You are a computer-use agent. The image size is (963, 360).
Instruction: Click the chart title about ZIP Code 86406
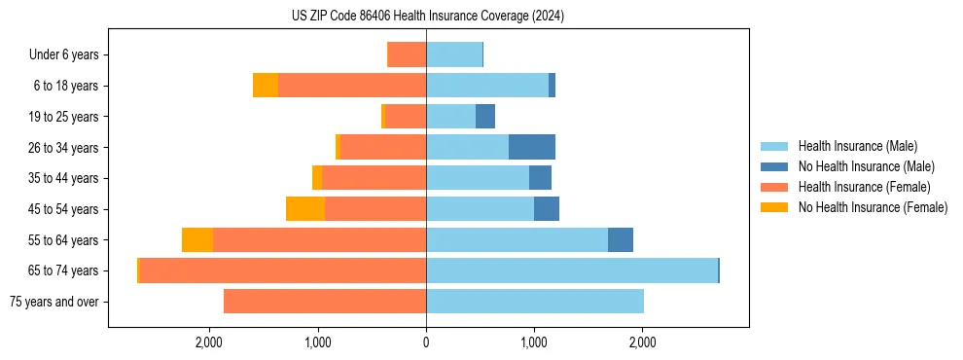pos(427,17)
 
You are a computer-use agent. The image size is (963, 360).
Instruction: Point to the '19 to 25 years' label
pos(65,117)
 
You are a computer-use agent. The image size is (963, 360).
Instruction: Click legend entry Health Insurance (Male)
pos(857,146)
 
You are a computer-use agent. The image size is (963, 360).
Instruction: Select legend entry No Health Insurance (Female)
pos(873,207)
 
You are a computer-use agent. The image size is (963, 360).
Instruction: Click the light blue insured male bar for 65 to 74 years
pos(571,270)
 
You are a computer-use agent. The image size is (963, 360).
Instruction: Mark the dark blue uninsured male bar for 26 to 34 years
pos(532,147)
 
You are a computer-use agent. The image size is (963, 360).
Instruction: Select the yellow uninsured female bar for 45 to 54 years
pos(305,209)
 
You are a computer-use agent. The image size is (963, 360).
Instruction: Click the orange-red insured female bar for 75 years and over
pos(325,302)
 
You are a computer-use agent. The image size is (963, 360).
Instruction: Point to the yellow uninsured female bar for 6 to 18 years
pos(266,86)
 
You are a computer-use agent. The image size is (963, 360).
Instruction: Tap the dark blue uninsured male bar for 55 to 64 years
pos(621,239)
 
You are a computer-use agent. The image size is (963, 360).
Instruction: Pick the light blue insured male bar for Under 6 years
pos(454,55)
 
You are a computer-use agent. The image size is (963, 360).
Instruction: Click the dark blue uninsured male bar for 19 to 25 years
pos(485,117)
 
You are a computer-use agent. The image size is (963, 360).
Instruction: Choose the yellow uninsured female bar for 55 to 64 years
pos(197,239)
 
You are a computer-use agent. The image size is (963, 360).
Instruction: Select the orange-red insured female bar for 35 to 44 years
pos(374,178)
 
